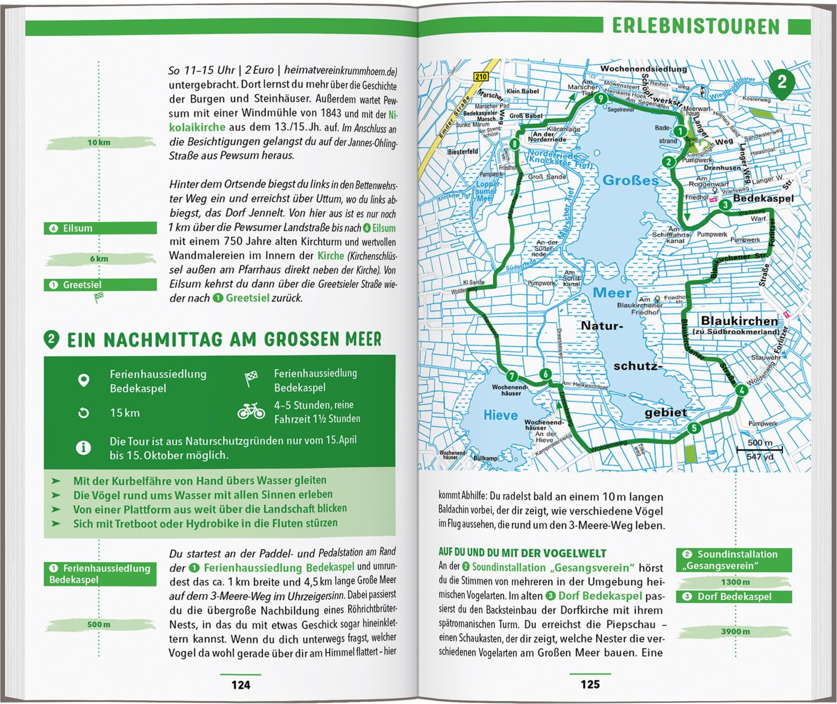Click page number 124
point(240,684)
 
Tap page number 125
point(590,684)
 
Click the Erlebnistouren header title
point(696,27)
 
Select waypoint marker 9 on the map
point(600,99)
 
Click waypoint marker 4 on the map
point(741,390)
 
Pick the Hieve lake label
point(501,416)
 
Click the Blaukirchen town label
point(739,321)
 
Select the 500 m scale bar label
point(759,443)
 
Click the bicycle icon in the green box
point(251,412)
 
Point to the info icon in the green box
point(83,447)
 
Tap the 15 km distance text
point(124,413)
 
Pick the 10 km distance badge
point(99,143)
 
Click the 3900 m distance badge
point(734,631)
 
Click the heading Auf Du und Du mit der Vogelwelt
point(522,553)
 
